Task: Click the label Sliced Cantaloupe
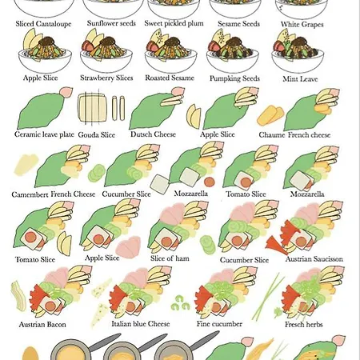pos(43,24)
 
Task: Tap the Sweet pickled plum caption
pos(174,23)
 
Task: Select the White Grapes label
pos(302,24)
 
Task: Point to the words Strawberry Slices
pos(106,78)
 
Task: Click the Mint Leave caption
pos(300,79)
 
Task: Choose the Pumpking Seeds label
pos(234,78)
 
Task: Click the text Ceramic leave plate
pos(44,134)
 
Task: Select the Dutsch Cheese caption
pos(153,134)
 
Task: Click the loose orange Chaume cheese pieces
pos(271,115)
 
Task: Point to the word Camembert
pos(30,194)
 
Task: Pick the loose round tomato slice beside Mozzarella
pos(210,182)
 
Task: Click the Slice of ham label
pos(170,258)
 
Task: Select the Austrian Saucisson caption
pos(314,259)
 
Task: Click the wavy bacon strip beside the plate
pos(18,295)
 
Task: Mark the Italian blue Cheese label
pos(141,324)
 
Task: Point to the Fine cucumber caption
pos(219,324)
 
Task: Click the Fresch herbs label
pos(304,324)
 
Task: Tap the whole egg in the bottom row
pos(30,354)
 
